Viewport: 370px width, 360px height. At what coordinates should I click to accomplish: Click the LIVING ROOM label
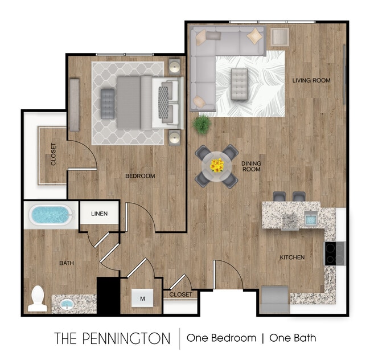click(x=311, y=80)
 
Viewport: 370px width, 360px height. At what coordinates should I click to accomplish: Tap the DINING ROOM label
click(x=251, y=166)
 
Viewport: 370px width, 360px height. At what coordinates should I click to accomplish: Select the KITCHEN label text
click(x=292, y=257)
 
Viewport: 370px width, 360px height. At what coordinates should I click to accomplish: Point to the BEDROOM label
click(x=140, y=176)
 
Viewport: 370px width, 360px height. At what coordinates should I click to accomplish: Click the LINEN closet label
click(x=99, y=214)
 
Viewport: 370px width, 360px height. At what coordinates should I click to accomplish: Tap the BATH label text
click(x=67, y=263)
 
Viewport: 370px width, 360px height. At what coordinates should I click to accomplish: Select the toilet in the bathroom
click(x=37, y=298)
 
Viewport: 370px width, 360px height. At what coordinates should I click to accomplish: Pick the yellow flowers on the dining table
click(x=216, y=165)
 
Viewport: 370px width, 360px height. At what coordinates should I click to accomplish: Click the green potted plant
click(x=201, y=124)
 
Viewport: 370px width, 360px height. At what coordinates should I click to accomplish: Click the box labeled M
click(x=142, y=297)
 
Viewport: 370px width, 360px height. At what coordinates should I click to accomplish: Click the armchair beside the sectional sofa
click(x=279, y=38)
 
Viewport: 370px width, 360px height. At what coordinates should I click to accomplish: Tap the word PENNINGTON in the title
click(x=131, y=338)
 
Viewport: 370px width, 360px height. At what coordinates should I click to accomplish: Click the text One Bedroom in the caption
click(x=221, y=338)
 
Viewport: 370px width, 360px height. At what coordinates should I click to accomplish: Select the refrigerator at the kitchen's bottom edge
click(x=275, y=298)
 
